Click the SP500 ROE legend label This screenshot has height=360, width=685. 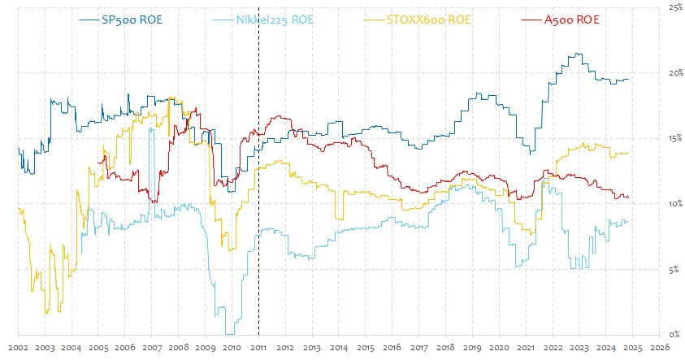pyautogui.click(x=129, y=19)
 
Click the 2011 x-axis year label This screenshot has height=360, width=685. pyautogui.click(x=258, y=348)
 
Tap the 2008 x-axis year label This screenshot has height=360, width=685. pyautogui.click(x=178, y=348)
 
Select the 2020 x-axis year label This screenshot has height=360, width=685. pyautogui.click(x=499, y=348)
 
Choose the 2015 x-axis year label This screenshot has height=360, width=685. pyautogui.click(x=365, y=348)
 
